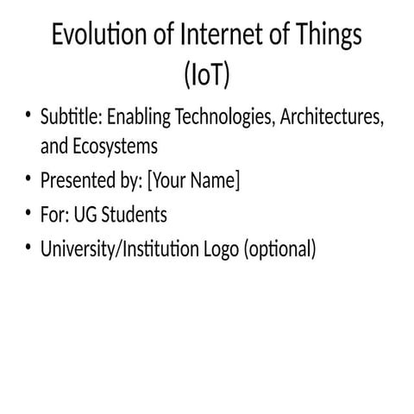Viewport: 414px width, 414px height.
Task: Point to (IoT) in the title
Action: click(207, 76)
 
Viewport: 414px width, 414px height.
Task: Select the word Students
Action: click(134, 215)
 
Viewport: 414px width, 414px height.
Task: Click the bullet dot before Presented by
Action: click(28, 180)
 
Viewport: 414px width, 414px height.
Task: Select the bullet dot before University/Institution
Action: click(28, 248)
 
